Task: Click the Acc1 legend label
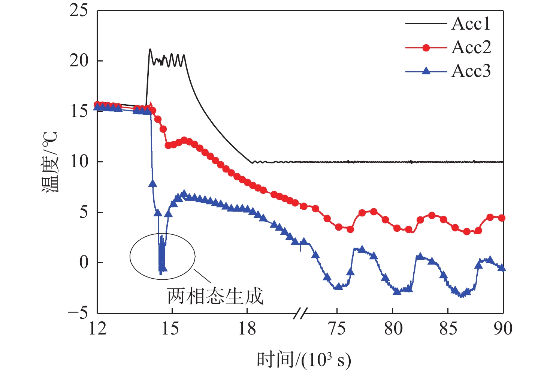pos(471,24)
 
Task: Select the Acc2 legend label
pos(471,48)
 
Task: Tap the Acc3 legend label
pos(471,71)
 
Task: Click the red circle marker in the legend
pos(426,48)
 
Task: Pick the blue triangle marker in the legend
pos(426,71)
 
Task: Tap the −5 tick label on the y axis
pos(78,313)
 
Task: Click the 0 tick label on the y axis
pos(84,262)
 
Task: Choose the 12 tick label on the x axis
pos(97,329)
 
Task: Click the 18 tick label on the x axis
pos(247,329)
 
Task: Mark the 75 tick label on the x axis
pos(337,329)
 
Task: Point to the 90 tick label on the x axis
pos(503,329)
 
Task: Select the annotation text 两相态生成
pos(215,296)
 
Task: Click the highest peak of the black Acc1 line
pos(150,49)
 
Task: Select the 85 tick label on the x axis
pos(448,329)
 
